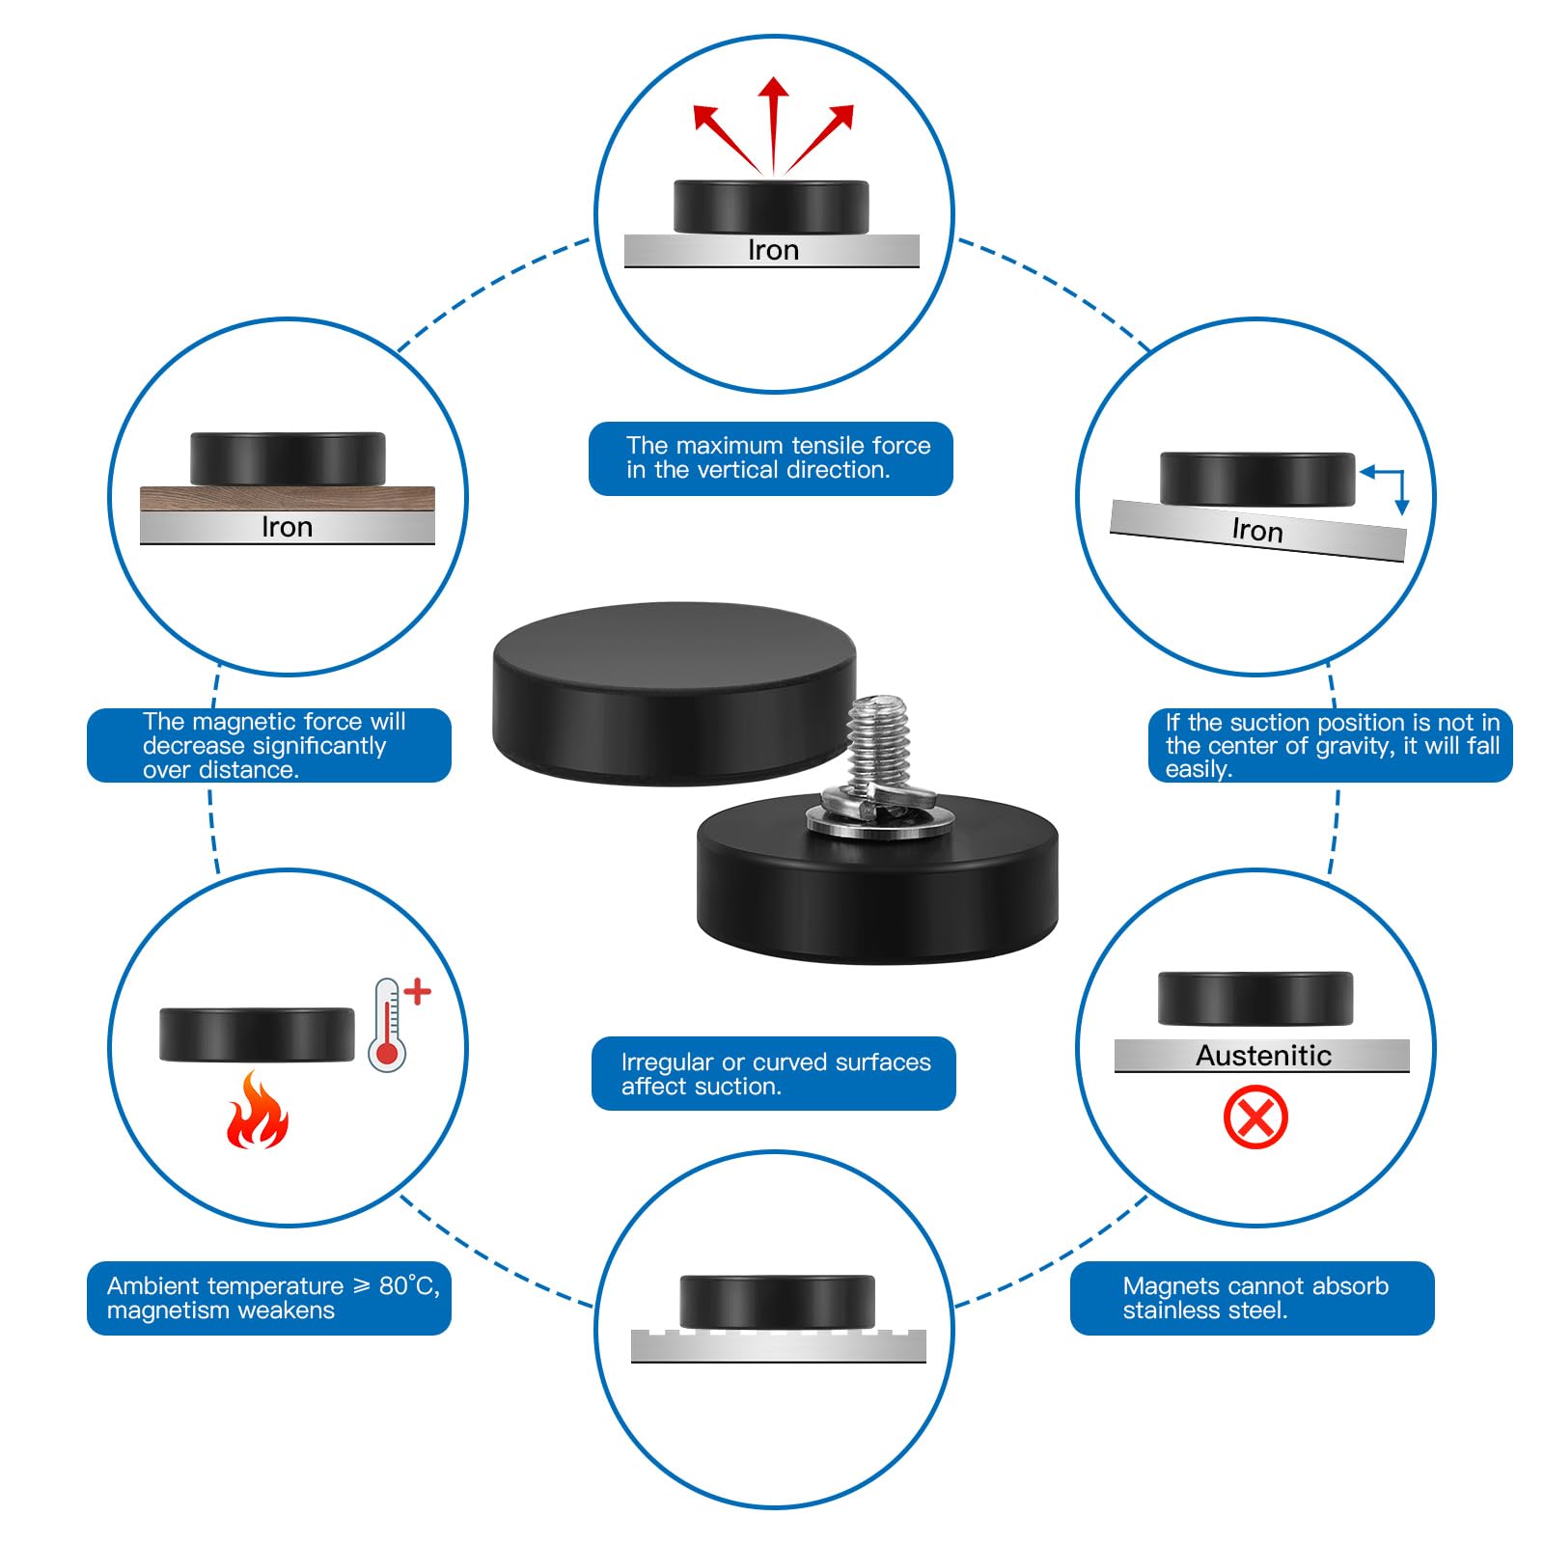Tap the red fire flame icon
tap(257, 1114)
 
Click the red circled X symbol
tap(1255, 1117)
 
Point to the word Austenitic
tap(1263, 1056)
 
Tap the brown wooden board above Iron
tap(288, 499)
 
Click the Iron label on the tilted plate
tap(1257, 531)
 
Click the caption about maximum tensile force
tap(771, 458)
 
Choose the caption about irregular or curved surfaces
tap(773, 1073)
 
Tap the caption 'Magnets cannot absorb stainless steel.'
tap(1253, 1298)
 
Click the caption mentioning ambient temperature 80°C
tap(269, 1298)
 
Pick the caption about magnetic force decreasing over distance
tap(269, 745)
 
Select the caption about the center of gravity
tap(1330, 745)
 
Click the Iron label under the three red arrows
tap(773, 251)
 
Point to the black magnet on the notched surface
tap(777, 1301)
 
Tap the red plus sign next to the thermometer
tap(417, 992)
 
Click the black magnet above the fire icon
tap(257, 1034)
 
